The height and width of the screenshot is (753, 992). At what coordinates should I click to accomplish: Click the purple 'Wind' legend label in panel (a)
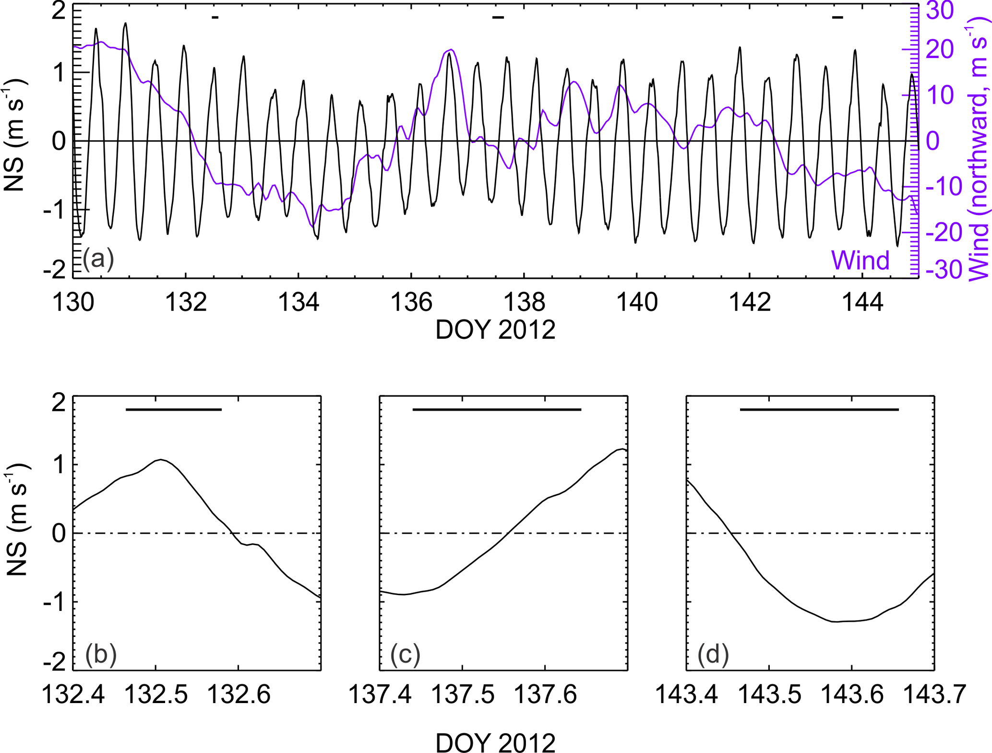[x=860, y=260]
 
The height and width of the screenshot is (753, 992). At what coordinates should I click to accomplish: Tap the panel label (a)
[x=98, y=259]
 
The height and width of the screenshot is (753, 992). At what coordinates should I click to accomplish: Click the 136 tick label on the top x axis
[x=411, y=303]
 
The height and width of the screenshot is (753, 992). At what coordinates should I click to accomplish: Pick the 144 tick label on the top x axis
[x=862, y=303]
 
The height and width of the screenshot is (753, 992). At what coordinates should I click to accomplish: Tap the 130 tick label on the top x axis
[x=73, y=303]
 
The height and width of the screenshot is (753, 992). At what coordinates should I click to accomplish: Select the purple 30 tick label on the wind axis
[x=939, y=11]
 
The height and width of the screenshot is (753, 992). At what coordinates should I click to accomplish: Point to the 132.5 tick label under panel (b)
[x=156, y=694]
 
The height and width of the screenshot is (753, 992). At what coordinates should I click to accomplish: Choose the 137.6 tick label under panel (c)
[x=545, y=694]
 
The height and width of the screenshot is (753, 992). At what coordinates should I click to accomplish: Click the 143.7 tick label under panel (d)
[x=934, y=694]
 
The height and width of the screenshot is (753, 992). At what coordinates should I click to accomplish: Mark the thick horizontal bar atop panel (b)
[x=173, y=409]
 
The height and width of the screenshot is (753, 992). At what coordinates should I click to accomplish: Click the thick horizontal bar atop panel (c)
[x=497, y=409]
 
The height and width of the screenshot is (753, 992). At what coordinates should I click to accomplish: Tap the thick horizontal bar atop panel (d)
[x=819, y=409]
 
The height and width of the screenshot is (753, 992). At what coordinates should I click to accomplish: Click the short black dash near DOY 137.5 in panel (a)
[x=498, y=18]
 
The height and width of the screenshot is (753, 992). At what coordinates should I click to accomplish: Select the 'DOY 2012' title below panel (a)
[x=495, y=330]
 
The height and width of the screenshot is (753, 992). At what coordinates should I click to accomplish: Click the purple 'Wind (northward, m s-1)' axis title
[x=979, y=154]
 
